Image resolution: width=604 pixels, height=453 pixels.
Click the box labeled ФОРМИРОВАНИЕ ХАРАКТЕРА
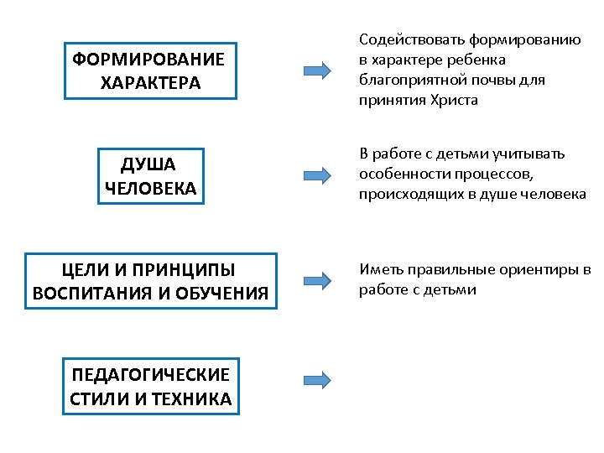click(150, 71)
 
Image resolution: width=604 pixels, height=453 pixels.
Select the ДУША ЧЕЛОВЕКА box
click(151, 175)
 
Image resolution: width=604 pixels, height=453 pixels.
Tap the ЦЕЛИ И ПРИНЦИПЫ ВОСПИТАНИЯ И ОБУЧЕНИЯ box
click(150, 281)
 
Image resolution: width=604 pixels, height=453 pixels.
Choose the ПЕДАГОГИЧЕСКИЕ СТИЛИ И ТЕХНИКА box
click(150, 386)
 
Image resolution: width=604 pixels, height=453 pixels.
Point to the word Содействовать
click(406, 39)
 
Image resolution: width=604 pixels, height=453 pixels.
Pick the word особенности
click(401, 174)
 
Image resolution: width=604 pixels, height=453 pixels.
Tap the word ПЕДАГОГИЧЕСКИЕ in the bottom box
click(150, 374)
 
